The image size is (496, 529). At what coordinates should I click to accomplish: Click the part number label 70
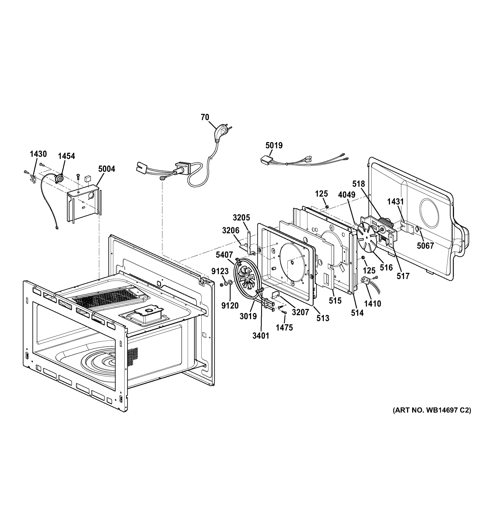coord(205,117)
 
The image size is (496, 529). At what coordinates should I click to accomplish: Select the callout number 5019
coord(274,145)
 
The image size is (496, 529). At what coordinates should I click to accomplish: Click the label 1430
coord(38,154)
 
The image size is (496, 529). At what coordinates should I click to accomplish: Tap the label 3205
coord(241,218)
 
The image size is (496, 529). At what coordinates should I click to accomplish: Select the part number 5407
coord(224,255)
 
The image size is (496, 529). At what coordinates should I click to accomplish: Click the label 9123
coord(220,271)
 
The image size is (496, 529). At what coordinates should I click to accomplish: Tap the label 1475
coord(284,328)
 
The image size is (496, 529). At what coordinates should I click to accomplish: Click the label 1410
coord(373,303)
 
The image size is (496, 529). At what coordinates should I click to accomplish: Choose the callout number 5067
coord(425,246)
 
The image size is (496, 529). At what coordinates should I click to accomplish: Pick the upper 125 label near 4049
coord(321,194)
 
